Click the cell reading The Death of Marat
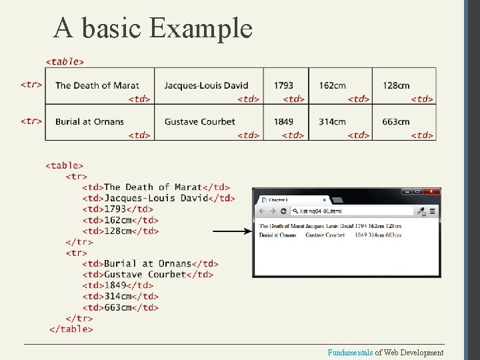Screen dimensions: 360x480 (97, 85)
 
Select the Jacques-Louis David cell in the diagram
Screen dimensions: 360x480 (206, 85)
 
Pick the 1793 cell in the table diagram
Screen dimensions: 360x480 (283, 85)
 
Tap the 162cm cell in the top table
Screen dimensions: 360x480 (332, 85)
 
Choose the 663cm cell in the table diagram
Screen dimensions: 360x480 (396, 122)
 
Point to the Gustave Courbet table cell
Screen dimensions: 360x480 (199, 122)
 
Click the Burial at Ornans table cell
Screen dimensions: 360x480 (89, 122)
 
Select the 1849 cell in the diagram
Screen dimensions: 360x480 (283, 122)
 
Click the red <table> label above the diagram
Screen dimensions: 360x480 (65, 62)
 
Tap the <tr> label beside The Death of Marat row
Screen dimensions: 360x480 (31, 85)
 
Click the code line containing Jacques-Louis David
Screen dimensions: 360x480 (159, 198)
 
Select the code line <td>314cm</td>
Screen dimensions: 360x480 (121, 296)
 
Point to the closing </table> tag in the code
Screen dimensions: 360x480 (71, 329)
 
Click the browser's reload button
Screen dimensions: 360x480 (283, 211)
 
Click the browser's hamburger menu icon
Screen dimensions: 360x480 (432, 211)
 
